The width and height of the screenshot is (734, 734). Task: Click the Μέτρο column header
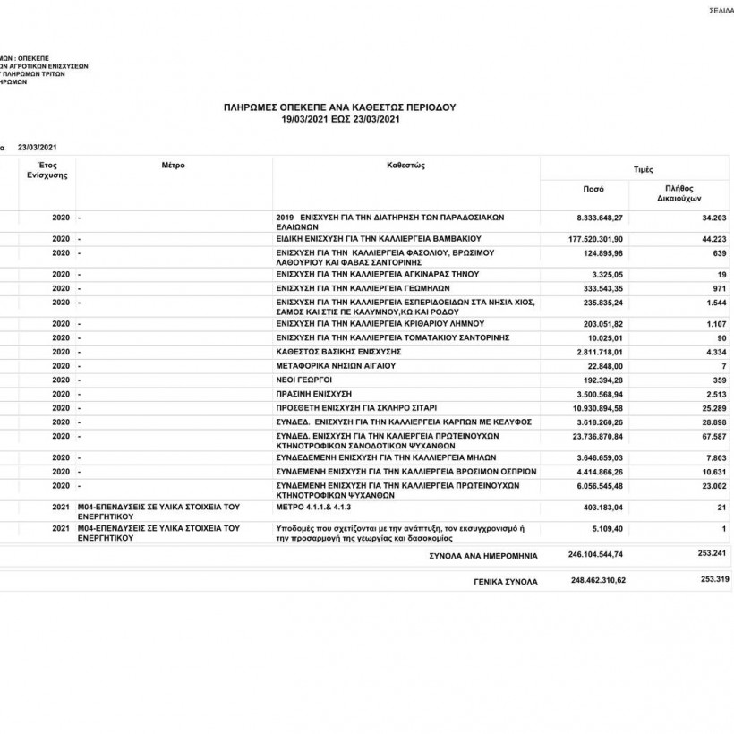click(x=174, y=166)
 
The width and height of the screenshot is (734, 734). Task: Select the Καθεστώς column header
click(x=405, y=166)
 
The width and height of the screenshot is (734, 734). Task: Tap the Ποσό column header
click(x=593, y=190)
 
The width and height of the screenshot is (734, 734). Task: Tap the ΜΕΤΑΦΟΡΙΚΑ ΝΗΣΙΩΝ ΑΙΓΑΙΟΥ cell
click(x=335, y=366)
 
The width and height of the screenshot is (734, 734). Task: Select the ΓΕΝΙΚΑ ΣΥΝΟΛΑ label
click(x=506, y=582)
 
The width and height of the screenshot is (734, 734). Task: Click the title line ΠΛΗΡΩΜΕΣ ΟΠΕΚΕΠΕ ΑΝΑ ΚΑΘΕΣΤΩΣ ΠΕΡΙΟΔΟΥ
click(x=339, y=107)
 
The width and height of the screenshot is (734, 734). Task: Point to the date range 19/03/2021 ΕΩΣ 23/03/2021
click(x=339, y=117)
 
